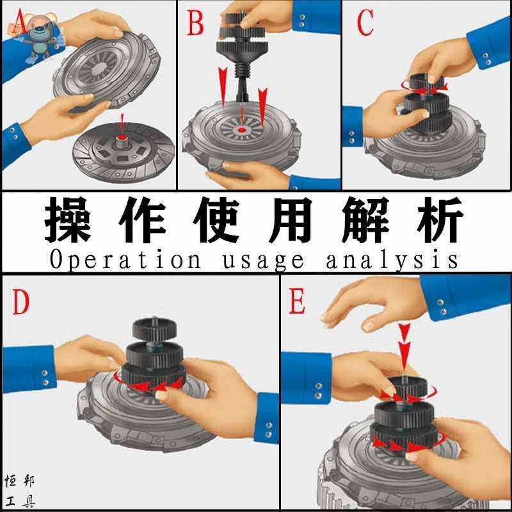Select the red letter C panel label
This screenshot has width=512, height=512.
pos(365,22)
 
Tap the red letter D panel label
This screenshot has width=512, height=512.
pos(21,302)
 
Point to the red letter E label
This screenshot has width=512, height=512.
pos(297,301)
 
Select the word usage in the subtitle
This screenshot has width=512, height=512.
pos(263,261)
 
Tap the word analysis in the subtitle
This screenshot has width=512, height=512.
pos(392,260)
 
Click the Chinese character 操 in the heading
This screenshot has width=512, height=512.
pos(68,220)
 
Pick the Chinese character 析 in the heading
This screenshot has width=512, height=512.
pos(440,220)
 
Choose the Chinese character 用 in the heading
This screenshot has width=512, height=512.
pos(291,220)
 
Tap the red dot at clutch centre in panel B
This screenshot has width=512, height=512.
pos(242,131)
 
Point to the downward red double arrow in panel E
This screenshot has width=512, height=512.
pos(404,348)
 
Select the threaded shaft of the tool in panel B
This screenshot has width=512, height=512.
pos(242,70)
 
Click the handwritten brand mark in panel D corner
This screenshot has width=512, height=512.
pos(20,492)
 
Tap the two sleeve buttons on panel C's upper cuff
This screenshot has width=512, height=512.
pos(487,59)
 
